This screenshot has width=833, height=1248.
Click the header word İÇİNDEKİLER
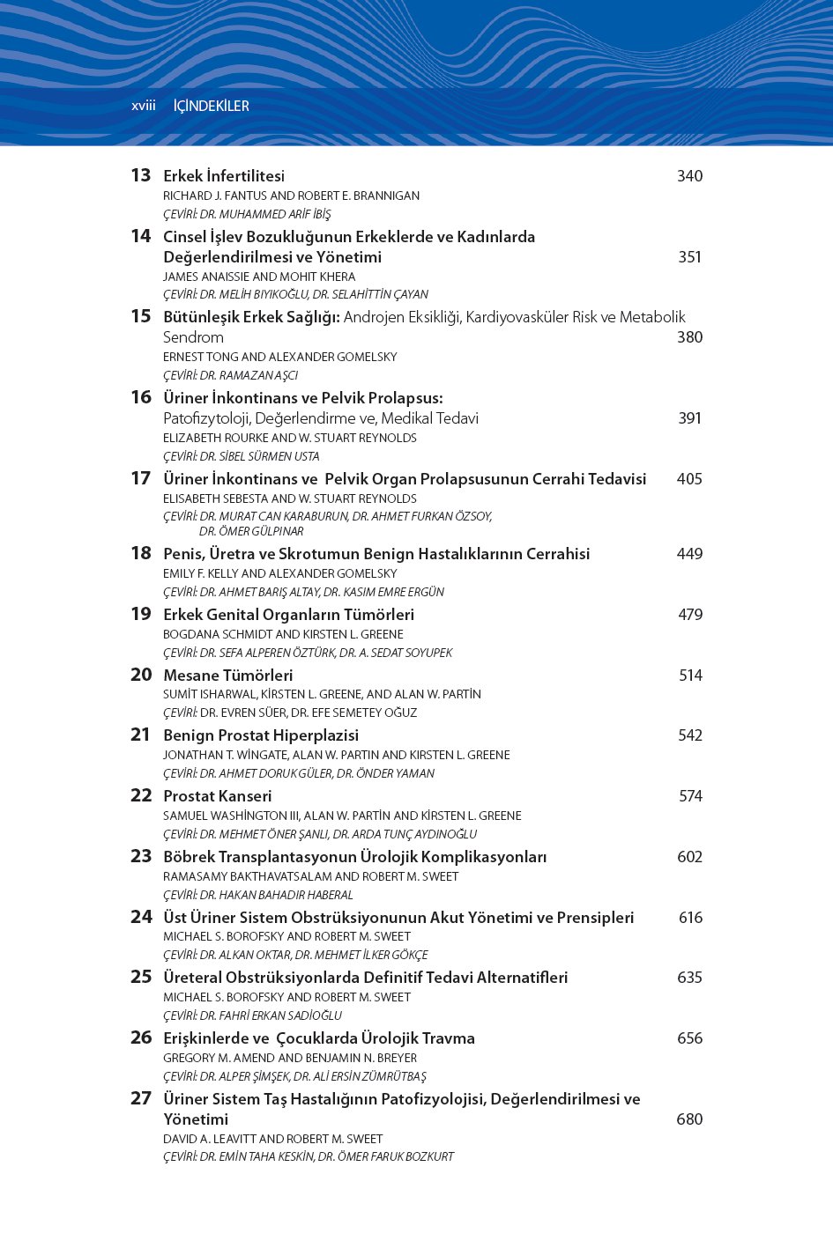[x=211, y=106]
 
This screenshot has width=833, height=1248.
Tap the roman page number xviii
[x=143, y=106]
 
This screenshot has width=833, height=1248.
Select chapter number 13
[x=141, y=175]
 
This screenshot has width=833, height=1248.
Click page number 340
[x=689, y=176]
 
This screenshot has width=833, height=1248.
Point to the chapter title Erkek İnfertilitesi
[x=224, y=176]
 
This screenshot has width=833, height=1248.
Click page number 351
[x=689, y=257]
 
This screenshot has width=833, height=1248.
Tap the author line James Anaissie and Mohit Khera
[x=259, y=277]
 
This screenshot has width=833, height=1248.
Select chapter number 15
[x=141, y=316]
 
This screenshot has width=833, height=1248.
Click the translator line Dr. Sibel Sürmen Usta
[x=242, y=456]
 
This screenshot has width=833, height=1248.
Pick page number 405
[x=689, y=479]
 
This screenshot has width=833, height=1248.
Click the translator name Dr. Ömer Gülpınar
[x=251, y=531]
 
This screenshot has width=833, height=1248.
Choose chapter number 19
[x=141, y=614]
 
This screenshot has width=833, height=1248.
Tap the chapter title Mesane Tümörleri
[x=228, y=676]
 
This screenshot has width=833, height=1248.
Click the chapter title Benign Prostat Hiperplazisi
[x=261, y=735]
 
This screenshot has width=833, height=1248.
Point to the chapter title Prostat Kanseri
[x=218, y=796]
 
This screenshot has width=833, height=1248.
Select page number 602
[x=689, y=857]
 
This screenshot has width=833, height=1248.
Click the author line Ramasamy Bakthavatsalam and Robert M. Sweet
[x=310, y=876]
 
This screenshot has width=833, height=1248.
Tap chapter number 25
[x=141, y=977]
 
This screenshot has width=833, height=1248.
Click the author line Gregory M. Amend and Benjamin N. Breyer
[x=290, y=1058]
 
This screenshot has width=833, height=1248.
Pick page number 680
[x=689, y=1119]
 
